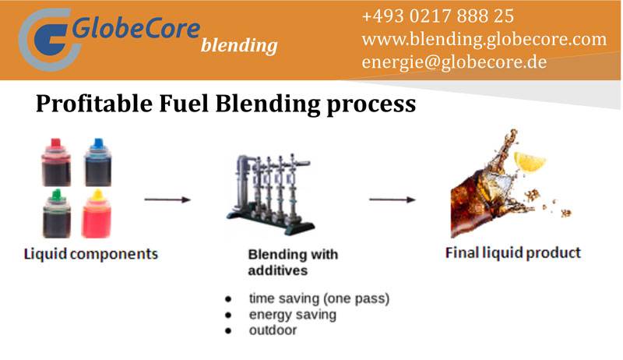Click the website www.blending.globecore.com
[484, 39]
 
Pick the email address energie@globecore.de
[454, 62]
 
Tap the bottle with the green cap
[56, 214]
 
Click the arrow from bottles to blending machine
[167, 199]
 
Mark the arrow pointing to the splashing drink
[392, 199]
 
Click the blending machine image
[273, 191]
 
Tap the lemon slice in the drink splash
[530, 161]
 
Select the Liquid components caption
[90, 254]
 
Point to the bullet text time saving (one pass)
[319, 298]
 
